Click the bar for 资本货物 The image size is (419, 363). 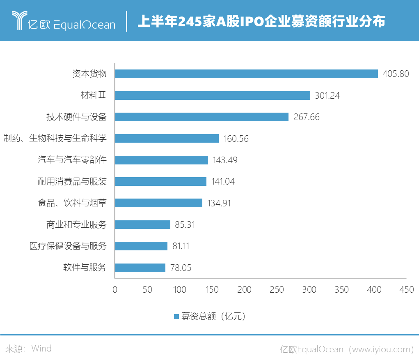pos(246,74)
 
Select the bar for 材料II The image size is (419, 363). pos(213,95)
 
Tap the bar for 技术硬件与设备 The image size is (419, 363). pos(202,117)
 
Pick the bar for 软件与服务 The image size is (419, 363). pos(140,268)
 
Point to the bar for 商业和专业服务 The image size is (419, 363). pos(143,224)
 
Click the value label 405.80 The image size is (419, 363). pos(396,74)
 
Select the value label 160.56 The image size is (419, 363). pos(236,139)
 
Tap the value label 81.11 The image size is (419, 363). pos(181,246)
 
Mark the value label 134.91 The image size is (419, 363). pos(219,203)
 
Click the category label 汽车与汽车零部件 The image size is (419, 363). pos(72,160)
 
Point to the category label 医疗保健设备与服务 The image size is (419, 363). pos(68,246)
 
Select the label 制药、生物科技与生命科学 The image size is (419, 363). pos(55,139)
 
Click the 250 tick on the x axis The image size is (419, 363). pos(277,290)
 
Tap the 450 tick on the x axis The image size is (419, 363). pos(407,290)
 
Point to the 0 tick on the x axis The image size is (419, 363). pos(115,290)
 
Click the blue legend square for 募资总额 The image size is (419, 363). pos(176,317)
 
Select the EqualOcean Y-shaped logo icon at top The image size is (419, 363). pos(19,21)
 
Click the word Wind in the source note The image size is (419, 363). pos(41,349)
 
